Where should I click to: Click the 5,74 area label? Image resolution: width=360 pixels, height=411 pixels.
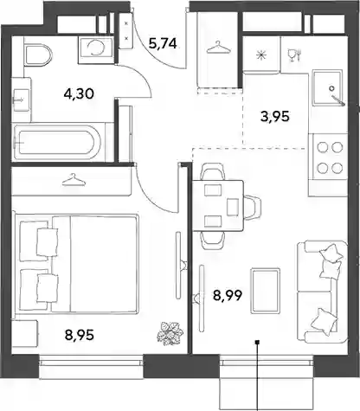coord(163,44)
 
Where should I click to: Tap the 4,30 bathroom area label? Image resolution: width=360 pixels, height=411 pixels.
coord(79,93)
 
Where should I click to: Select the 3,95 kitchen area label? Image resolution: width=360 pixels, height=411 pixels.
coord(274,117)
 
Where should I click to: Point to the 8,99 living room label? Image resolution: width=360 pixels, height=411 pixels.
coord(228,295)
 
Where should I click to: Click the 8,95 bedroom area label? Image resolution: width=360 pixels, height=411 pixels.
coord(80,335)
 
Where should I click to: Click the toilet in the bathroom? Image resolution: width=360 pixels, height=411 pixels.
coord(38,55)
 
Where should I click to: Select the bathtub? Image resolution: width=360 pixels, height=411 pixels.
coord(57,142)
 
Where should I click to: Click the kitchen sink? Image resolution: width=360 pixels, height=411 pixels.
coord(328,87)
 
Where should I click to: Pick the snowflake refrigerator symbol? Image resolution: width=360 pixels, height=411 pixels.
coord(261,55)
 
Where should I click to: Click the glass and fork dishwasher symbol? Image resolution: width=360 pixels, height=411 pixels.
coord(294,55)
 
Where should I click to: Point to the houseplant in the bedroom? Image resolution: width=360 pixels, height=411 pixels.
coord(170,333)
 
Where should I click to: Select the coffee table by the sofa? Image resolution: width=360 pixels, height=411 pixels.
coord(265,291)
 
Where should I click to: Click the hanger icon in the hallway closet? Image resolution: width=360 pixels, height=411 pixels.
coord(219,48)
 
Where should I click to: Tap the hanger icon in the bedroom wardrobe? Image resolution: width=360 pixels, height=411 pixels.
coord(74,180)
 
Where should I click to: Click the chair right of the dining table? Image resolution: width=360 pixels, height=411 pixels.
coord(253,207)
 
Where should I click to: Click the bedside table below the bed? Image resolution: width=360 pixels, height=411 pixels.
coord(24,332)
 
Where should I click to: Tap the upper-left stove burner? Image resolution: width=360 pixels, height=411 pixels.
coord(322,147)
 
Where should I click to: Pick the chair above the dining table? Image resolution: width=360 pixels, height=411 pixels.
coord(213,171)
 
